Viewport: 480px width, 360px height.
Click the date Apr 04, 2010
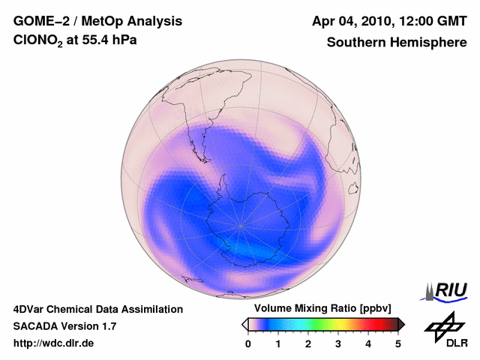point(352,22)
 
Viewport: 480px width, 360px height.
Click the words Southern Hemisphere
point(397,43)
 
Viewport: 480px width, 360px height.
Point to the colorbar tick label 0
point(248,343)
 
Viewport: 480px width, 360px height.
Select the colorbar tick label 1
point(278,343)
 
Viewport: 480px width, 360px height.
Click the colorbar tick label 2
point(308,343)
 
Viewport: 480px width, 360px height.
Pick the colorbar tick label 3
point(338,343)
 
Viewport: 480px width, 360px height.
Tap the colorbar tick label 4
point(368,343)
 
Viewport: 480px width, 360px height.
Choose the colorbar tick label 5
point(398,343)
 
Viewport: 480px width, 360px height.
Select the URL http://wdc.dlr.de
point(54,343)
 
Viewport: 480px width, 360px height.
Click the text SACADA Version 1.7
point(64,326)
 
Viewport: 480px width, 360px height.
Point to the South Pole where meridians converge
point(241,225)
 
